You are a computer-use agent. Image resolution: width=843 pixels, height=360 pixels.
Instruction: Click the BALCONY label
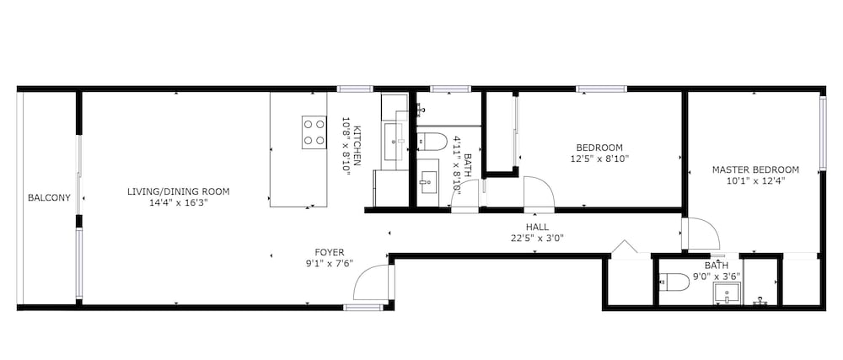click(x=49, y=198)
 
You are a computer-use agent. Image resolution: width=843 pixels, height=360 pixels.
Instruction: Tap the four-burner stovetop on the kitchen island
click(x=314, y=132)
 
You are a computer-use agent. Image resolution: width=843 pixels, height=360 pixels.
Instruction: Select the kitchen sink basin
click(x=395, y=142)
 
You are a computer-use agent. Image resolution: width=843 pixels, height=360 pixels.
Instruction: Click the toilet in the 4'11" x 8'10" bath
click(x=432, y=142)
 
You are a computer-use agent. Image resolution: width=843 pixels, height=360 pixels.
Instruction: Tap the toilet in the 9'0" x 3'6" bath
click(x=674, y=282)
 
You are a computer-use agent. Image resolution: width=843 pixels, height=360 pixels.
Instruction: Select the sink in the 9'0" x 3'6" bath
click(x=727, y=293)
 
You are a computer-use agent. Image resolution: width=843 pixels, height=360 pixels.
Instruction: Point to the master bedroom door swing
click(x=701, y=234)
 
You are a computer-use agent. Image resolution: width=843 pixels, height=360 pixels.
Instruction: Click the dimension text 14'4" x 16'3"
click(x=179, y=202)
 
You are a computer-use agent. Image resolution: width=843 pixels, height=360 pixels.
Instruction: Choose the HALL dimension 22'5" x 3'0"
click(x=537, y=238)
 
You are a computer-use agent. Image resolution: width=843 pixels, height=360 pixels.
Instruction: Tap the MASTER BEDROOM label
click(x=755, y=169)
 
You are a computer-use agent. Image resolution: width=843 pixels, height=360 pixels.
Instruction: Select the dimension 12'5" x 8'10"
click(x=599, y=159)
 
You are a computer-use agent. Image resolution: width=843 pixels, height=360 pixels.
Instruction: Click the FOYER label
click(x=330, y=252)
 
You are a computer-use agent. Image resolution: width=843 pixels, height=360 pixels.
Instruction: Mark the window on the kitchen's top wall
click(x=356, y=89)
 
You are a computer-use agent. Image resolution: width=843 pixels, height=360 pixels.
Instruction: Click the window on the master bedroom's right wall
click(x=823, y=133)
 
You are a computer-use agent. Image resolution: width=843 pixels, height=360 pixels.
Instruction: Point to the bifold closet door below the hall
click(x=625, y=247)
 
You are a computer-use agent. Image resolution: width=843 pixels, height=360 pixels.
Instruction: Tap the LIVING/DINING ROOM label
click(x=179, y=191)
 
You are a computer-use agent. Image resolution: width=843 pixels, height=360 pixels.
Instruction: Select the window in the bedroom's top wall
click(x=602, y=89)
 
